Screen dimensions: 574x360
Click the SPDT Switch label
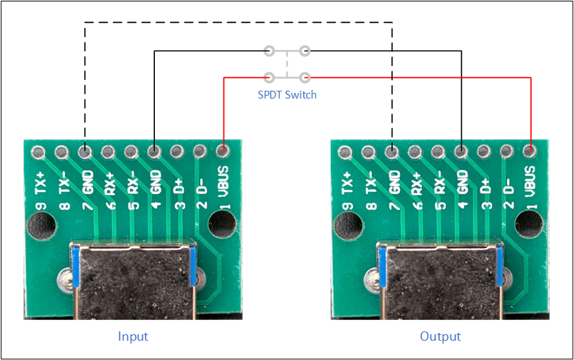pyautogui.click(x=287, y=95)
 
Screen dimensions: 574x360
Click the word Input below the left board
pyautogui.click(x=133, y=336)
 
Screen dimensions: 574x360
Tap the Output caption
pyautogui.click(x=440, y=336)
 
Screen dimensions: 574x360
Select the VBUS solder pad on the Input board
pyautogui.click(x=223, y=151)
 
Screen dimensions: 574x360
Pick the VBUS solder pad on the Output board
pyautogui.click(x=530, y=151)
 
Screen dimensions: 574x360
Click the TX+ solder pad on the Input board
pyautogui.click(x=39, y=152)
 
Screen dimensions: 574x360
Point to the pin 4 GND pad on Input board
pyautogui.click(x=154, y=151)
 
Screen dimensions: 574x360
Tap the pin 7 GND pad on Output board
pyautogui.click(x=392, y=151)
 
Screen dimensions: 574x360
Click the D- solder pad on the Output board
pyautogui.click(x=507, y=151)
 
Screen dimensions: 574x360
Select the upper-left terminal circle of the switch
pyautogui.click(x=269, y=51)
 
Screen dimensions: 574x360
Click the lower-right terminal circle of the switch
pyautogui.click(x=305, y=78)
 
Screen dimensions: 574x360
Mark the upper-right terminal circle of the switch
pyautogui.click(x=305, y=51)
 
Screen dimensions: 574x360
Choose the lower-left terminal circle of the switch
pyautogui.click(x=269, y=78)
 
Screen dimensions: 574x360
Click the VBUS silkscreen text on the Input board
pyautogui.click(x=223, y=181)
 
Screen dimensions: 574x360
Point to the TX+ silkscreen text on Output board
pyautogui.click(x=347, y=183)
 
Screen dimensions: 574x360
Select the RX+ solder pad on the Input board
pyautogui.click(x=108, y=151)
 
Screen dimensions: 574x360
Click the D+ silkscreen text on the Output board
pyautogui.click(x=485, y=186)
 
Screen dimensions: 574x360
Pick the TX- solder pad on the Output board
pyautogui.click(x=368, y=152)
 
